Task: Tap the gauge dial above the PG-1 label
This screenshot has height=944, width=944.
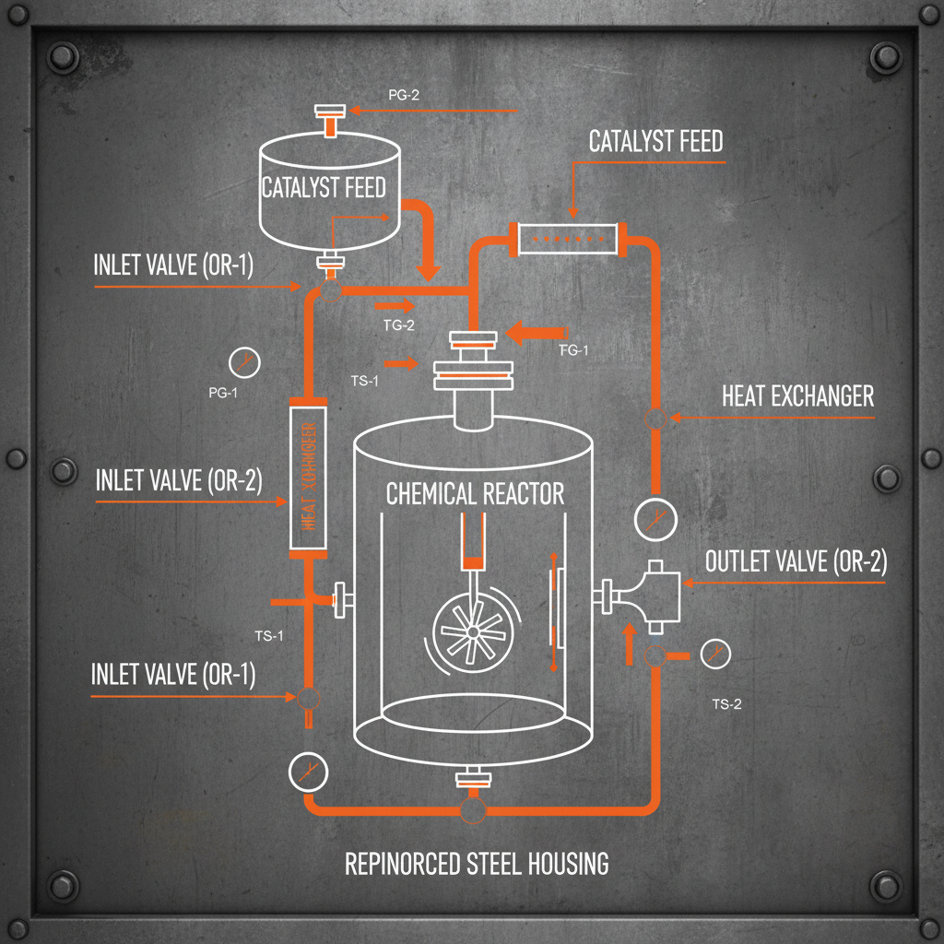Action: [243, 361]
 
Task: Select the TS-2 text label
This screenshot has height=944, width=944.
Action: [726, 704]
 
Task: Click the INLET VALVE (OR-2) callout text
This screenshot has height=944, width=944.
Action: [179, 480]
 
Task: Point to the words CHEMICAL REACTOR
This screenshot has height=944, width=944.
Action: [475, 494]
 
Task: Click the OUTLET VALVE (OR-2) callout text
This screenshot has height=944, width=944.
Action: [796, 561]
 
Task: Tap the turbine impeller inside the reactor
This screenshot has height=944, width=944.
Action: [471, 631]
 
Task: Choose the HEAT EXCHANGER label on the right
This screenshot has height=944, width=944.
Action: [797, 396]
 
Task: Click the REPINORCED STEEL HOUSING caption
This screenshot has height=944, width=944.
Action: [477, 864]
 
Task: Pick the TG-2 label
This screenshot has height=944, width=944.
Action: [399, 324]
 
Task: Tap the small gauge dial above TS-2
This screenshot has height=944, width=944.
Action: [715, 655]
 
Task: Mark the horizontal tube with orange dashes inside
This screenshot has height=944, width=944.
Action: [567, 241]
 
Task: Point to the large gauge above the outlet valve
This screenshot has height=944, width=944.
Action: [655, 518]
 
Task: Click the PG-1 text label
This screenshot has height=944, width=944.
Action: [223, 394]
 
